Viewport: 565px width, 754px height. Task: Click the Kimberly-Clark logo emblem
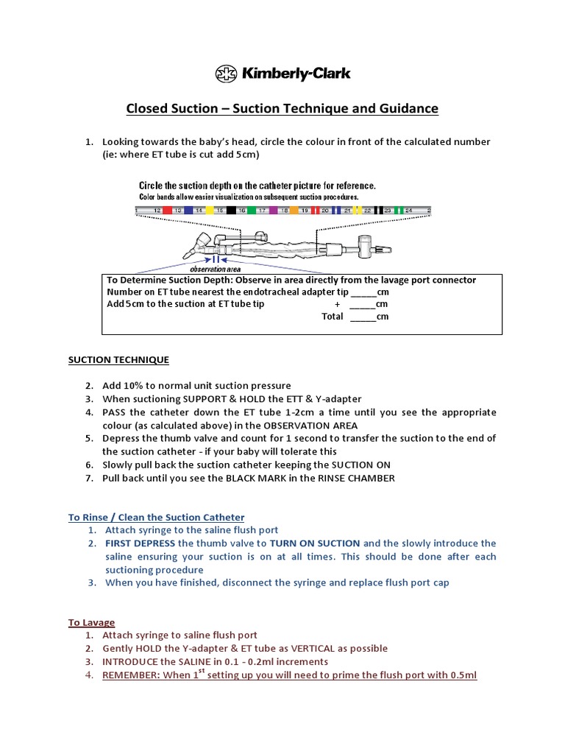pyautogui.click(x=227, y=73)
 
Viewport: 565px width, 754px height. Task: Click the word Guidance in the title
pyautogui.click(x=406, y=109)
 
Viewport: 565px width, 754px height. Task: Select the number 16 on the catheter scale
pyautogui.click(x=241, y=211)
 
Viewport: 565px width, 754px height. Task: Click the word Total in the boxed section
pyautogui.click(x=333, y=317)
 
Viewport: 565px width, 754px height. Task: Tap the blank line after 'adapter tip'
pyautogui.click(x=362, y=292)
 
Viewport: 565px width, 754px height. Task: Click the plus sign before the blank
pyautogui.click(x=337, y=304)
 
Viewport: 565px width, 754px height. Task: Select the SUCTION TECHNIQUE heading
pyautogui.click(x=118, y=360)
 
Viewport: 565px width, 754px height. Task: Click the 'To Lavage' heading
pyautogui.click(x=92, y=622)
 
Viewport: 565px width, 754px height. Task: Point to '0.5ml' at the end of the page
pyautogui.click(x=462, y=675)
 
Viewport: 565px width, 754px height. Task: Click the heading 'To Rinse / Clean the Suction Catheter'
pyautogui.click(x=156, y=518)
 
